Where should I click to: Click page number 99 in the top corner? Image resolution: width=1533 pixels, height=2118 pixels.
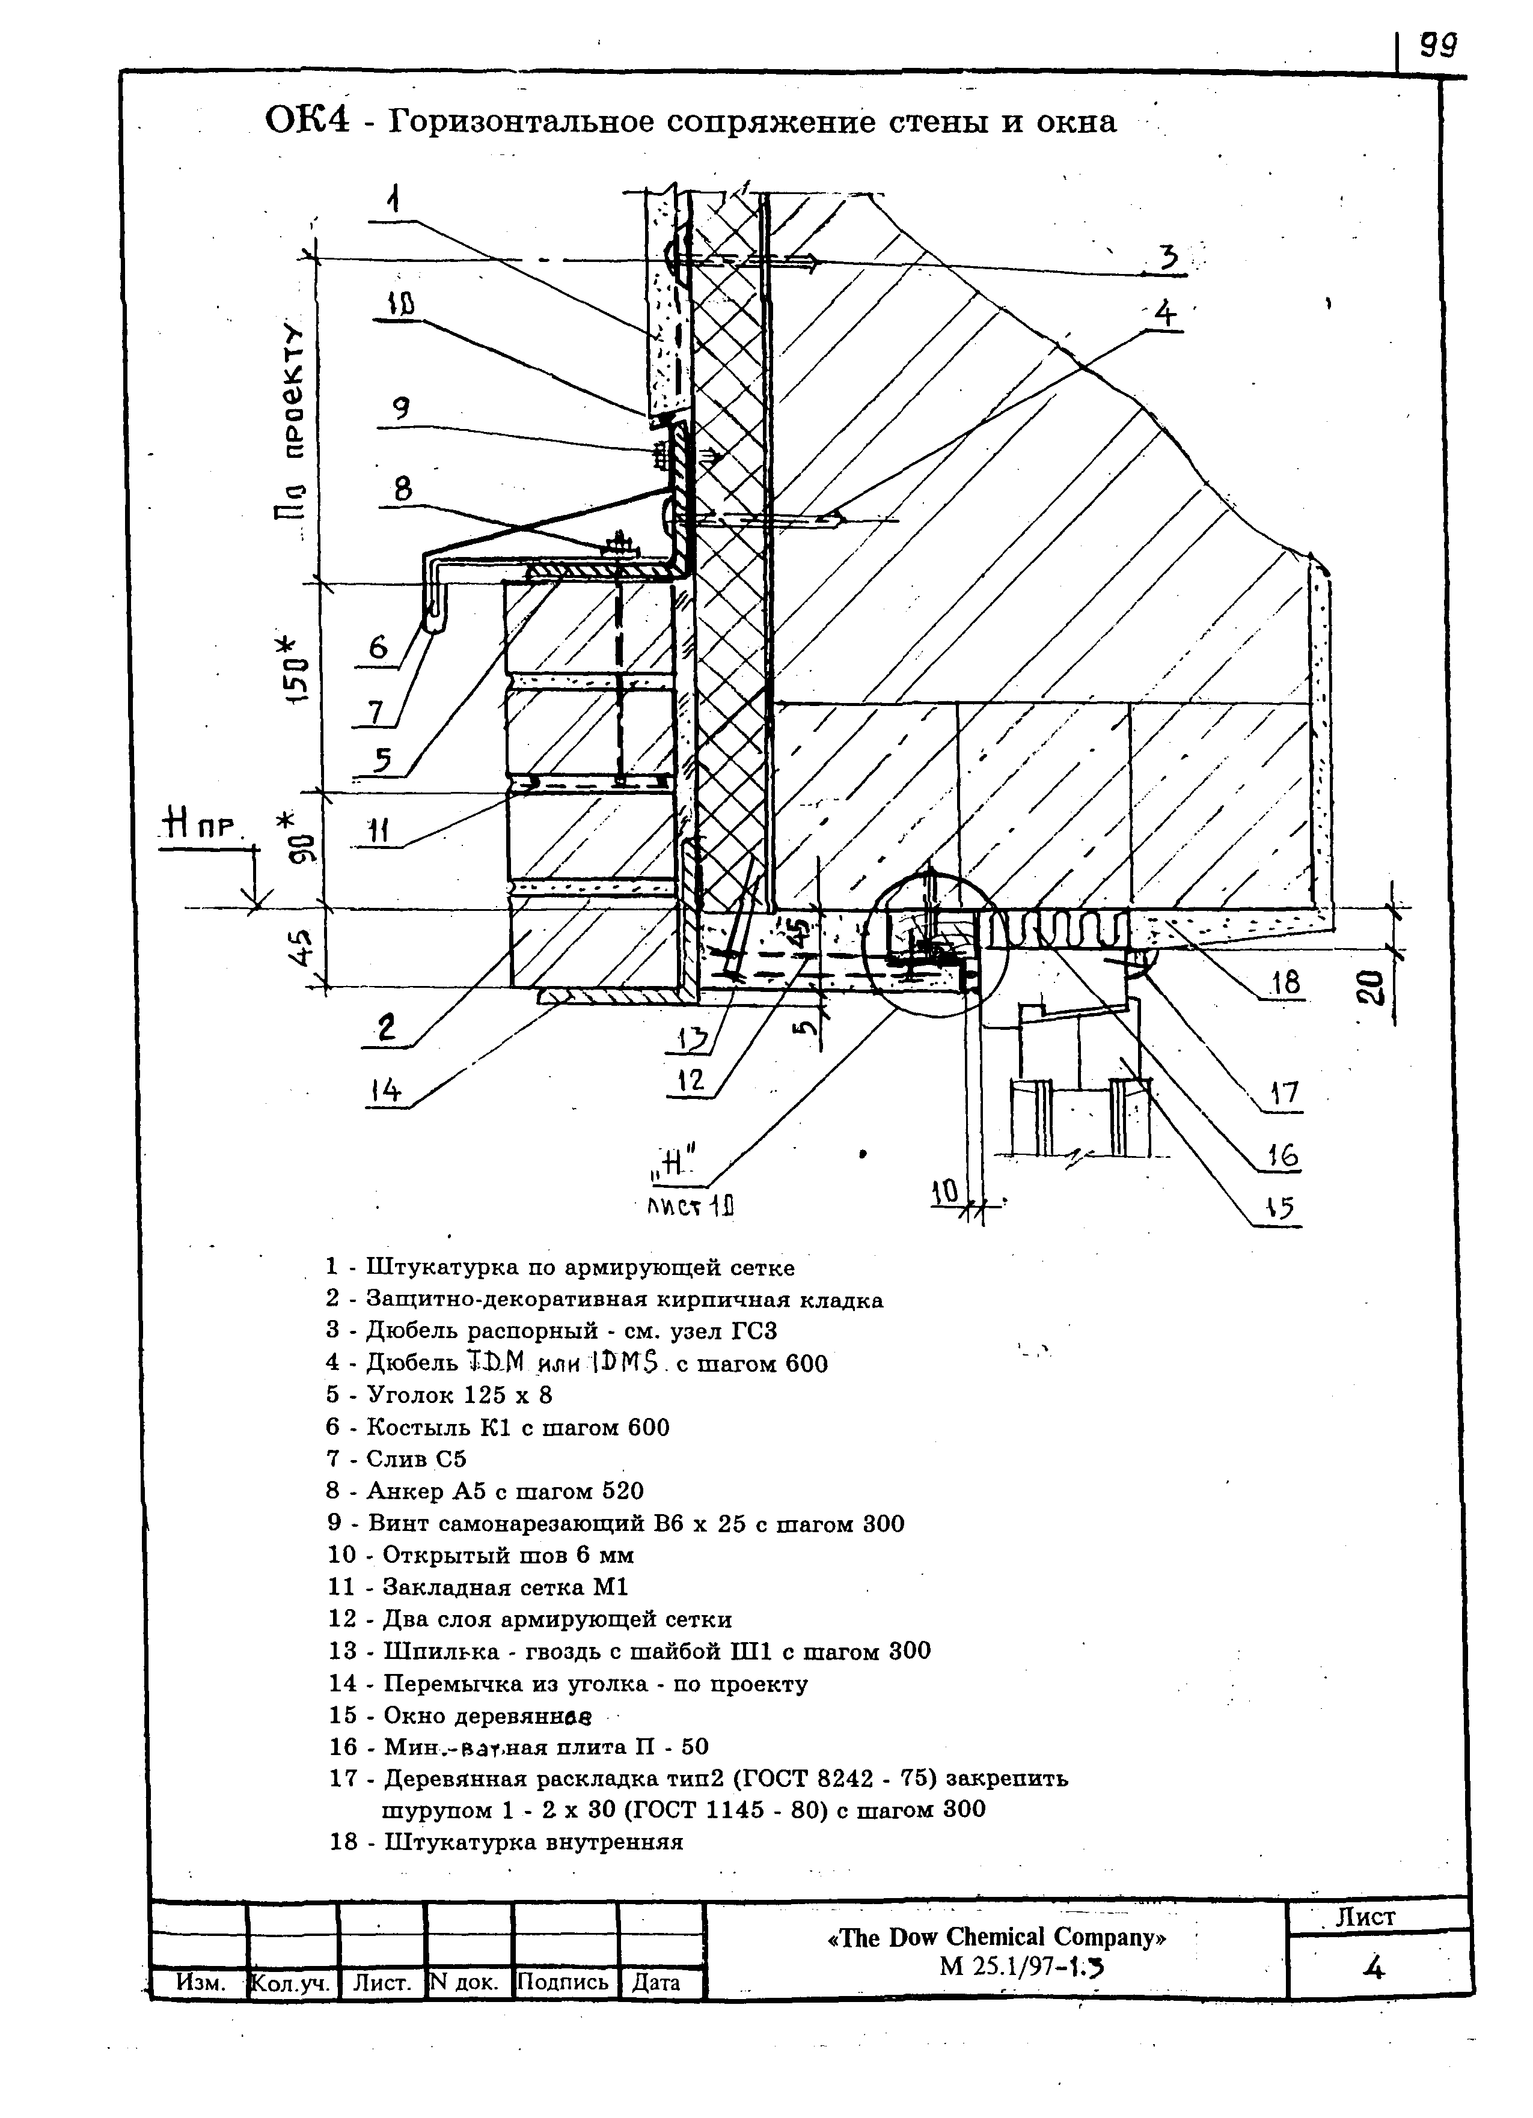(1439, 45)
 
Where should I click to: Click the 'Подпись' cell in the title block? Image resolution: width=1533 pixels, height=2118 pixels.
(562, 1981)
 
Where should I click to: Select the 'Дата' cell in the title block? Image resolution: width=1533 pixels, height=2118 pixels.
(656, 1982)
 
